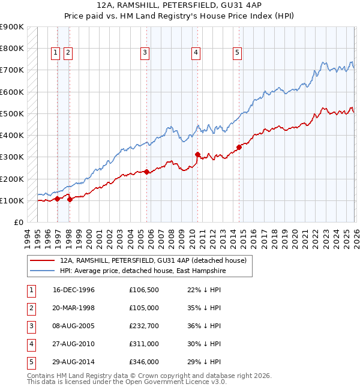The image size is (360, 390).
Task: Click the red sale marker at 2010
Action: click(x=197, y=154)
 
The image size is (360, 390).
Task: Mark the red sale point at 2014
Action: click(x=239, y=146)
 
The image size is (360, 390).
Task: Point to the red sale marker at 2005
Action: click(x=146, y=172)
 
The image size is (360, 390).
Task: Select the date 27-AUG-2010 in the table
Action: click(x=74, y=344)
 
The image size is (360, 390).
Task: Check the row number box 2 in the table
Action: click(x=31, y=308)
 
